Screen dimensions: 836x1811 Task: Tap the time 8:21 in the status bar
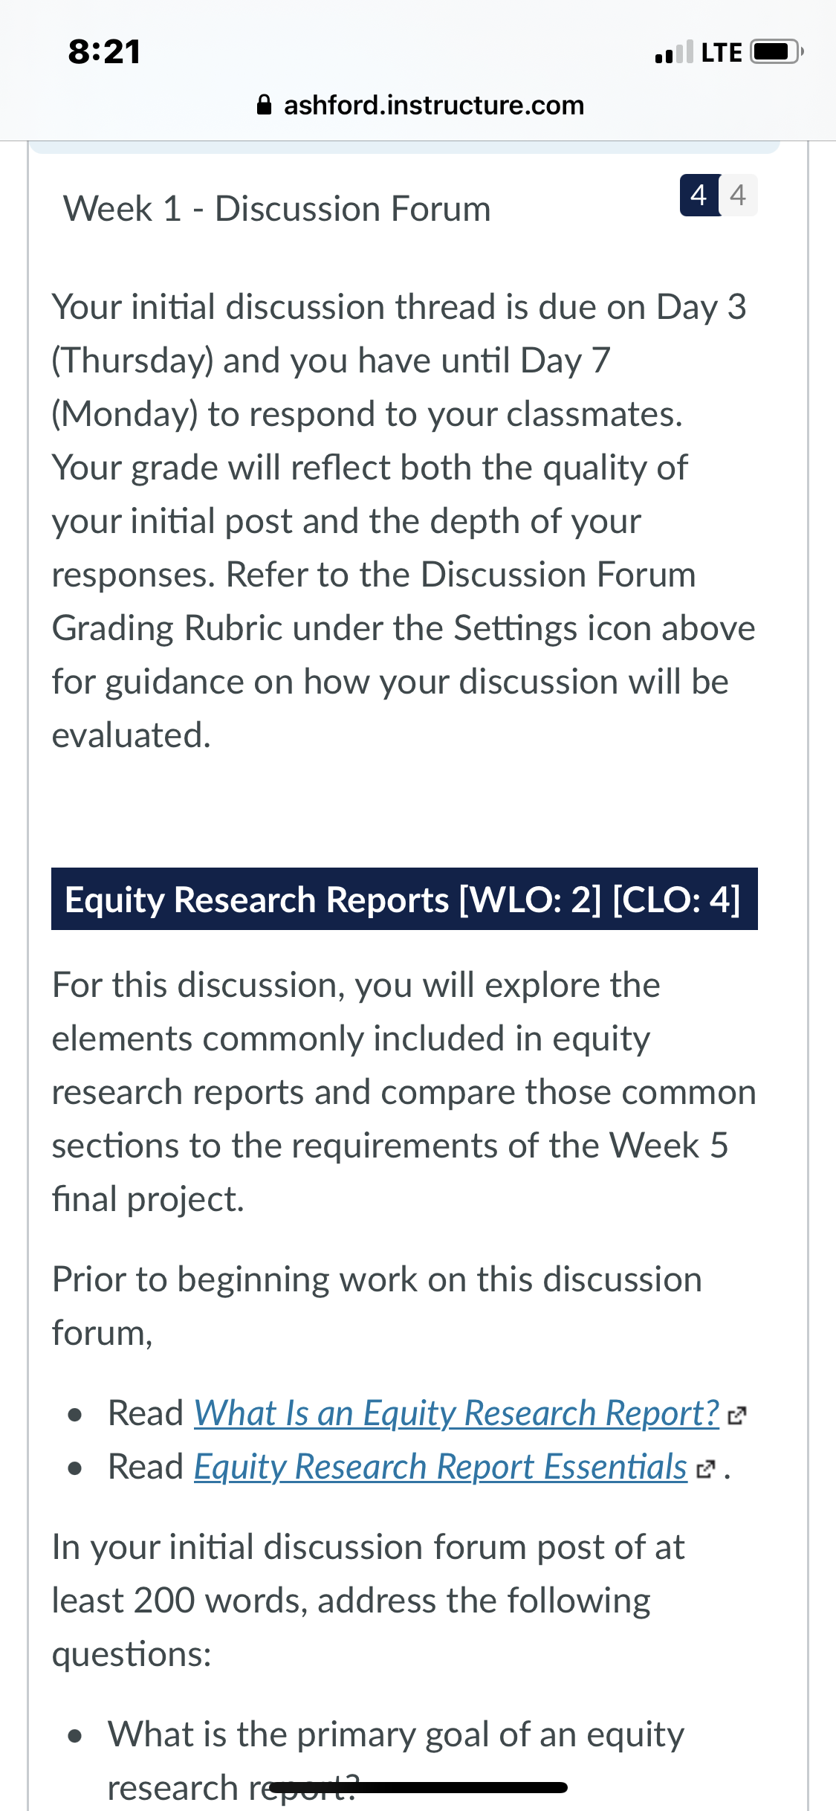[x=105, y=52]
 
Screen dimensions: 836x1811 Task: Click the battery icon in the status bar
[x=777, y=52]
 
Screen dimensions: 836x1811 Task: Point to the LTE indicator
[x=722, y=53]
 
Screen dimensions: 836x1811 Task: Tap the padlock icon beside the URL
[x=264, y=105]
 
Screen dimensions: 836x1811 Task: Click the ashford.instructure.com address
[x=434, y=106]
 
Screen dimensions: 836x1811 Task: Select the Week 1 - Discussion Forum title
[x=277, y=209]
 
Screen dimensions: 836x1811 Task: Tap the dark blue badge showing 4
[x=699, y=196]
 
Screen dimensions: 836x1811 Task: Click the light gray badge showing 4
[x=739, y=196]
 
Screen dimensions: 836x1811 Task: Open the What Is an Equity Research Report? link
[x=456, y=1413]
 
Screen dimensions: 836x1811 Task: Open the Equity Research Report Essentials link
[x=441, y=1467]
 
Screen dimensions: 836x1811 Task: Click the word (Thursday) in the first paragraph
[x=132, y=361]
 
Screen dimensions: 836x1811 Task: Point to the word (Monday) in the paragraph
[x=125, y=415]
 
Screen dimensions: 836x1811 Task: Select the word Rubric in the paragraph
[x=233, y=628]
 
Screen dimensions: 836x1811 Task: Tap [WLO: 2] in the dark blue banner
[x=531, y=900]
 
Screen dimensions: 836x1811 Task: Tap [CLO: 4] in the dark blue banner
[x=676, y=900]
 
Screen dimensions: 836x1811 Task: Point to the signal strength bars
[x=674, y=52]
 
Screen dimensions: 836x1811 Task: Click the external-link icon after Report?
[x=736, y=1415]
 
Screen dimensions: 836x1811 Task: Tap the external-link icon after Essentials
[x=705, y=1469]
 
